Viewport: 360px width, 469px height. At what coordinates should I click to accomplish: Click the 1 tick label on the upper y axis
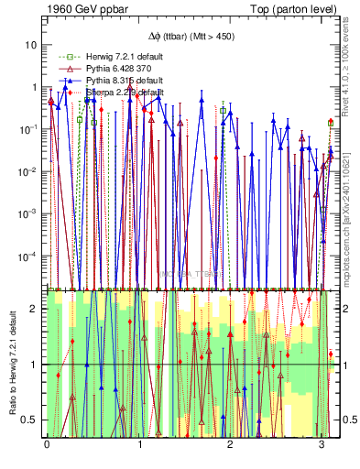tap(34, 87)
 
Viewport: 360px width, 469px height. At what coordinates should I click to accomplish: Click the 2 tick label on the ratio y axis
tap(34, 309)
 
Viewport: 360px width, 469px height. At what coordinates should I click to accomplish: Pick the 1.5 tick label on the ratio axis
tap(30, 336)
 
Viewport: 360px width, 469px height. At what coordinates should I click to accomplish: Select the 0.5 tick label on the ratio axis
tap(30, 420)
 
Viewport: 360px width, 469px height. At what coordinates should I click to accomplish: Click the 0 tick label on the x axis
tap(47, 444)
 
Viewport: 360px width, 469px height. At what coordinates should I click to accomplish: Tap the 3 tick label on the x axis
tap(322, 444)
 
